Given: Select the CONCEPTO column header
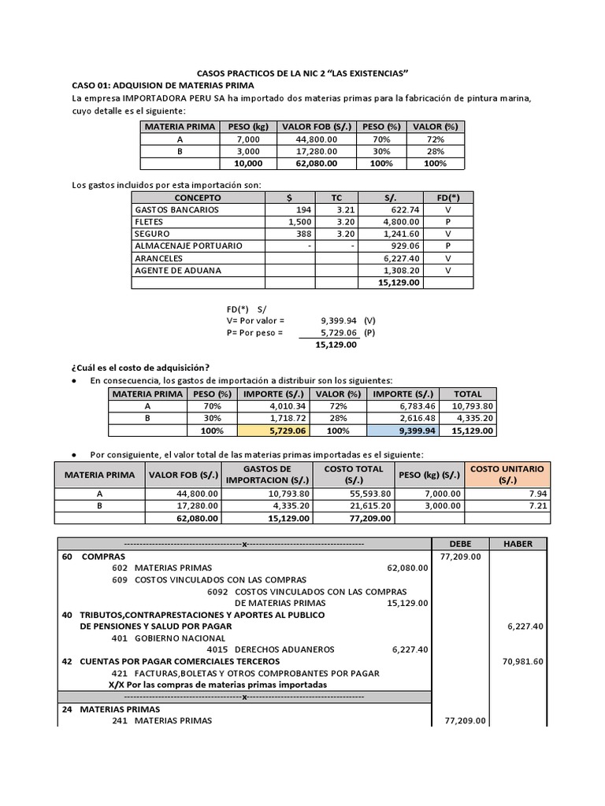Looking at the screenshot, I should click(x=198, y=198).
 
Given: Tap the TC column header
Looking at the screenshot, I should click(x=336, y=198).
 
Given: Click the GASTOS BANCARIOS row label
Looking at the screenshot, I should click(x=177, y=210).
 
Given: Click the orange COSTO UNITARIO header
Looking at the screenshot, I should click(x=507, y=474).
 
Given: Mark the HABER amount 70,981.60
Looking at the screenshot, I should click(x=522, y=661).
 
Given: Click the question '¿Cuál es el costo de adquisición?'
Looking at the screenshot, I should click(x=141, y=367).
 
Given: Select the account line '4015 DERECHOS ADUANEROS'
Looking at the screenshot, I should click(x=271, y=649).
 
